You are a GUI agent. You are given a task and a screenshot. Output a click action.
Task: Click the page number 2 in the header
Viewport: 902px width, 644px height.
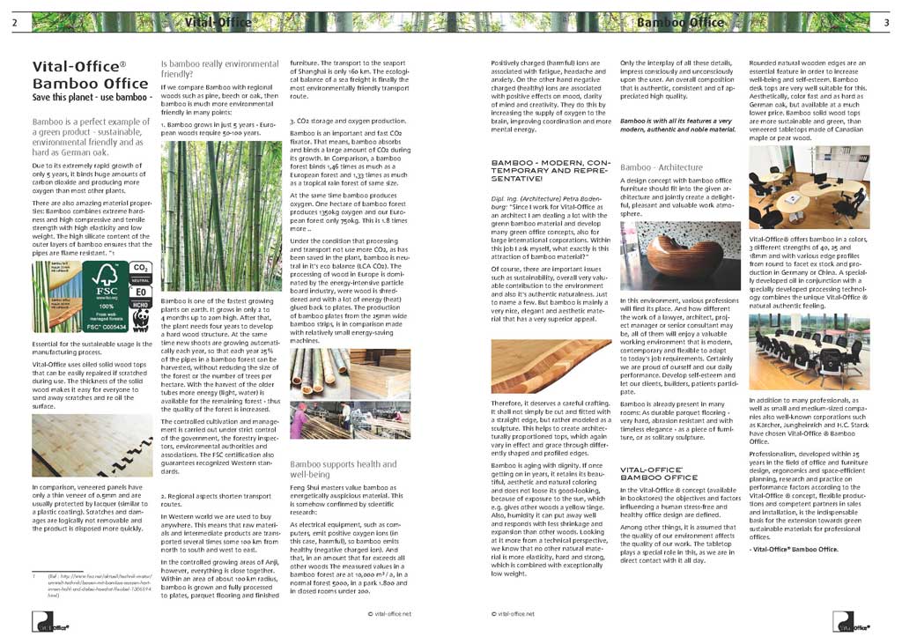click(14, 22)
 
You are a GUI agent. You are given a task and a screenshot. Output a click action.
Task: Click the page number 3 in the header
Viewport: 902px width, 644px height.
click(886, 22)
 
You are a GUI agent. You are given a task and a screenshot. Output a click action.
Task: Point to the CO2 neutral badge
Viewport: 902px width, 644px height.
click(139, 270)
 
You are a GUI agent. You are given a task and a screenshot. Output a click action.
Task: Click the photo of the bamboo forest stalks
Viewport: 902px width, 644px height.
click(220, 216)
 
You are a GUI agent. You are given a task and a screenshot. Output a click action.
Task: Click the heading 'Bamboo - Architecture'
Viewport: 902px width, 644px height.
click(661, 167)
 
